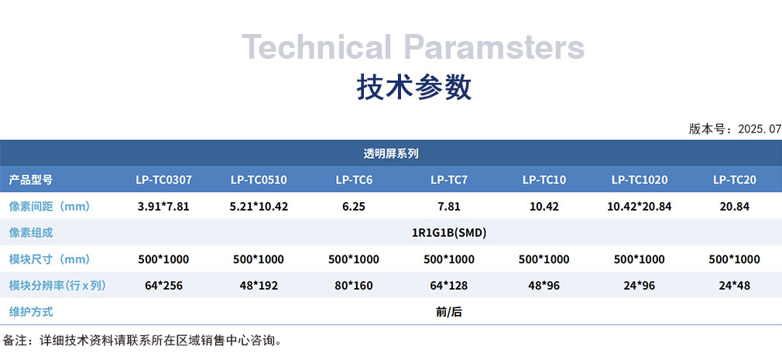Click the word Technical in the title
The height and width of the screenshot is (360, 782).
[317, 47]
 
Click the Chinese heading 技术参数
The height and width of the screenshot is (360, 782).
[414, 87]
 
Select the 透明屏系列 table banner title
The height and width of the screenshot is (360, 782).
[391, 153]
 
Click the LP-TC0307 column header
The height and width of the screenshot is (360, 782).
[163, 180]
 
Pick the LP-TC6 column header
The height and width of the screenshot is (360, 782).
[354, 180]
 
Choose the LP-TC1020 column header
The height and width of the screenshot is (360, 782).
[640, 180]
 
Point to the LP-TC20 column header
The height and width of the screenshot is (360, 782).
[735, 180]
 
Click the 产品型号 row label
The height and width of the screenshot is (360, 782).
[31, 180]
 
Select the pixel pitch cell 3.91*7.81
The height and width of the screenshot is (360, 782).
[163, 207]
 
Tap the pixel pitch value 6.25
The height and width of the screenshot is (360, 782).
[354, 207]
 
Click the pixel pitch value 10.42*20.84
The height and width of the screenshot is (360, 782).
[640, 207]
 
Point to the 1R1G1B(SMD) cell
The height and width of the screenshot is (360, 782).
[449, 233]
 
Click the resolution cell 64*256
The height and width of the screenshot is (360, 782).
[163, 286]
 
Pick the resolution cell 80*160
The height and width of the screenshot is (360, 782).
[354, 286]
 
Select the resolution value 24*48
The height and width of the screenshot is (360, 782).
[735, 286]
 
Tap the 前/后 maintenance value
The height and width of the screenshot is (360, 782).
[449, 312]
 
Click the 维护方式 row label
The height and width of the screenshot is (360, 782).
[31, 312]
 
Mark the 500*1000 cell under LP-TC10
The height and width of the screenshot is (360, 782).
[544, 259]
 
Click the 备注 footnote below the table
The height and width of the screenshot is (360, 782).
[143, 341]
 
